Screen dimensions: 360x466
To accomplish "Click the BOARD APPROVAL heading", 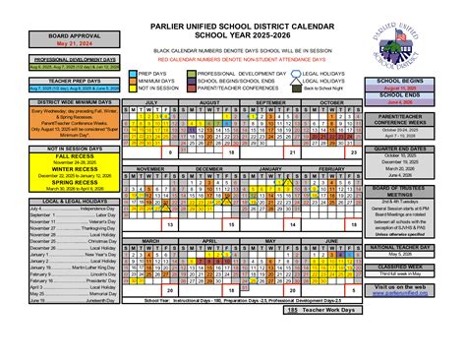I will coord(45,35).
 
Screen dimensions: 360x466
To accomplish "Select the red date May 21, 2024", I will coord(45,44).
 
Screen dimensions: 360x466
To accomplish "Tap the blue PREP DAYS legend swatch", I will coord(134,73).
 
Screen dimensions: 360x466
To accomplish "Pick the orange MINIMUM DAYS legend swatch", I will coord(134,81).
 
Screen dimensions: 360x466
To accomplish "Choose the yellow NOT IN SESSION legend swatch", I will coord(134,89).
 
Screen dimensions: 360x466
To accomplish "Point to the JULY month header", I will coord(151,101).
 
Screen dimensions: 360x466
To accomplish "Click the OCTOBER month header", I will coord(331,101).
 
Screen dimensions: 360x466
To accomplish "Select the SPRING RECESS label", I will coord(45,182).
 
